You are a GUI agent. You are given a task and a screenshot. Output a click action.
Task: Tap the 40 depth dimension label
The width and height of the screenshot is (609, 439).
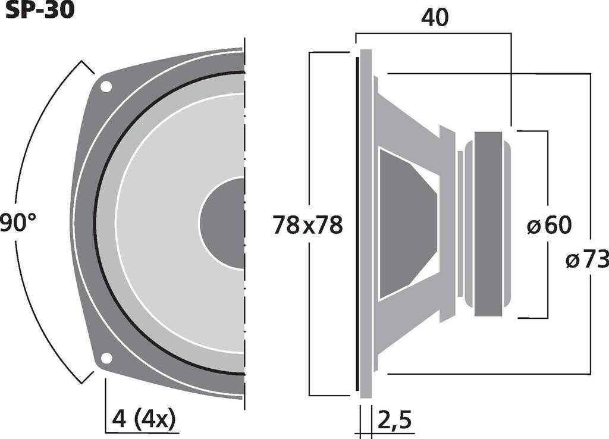pyautogui.click(x=435, y=18)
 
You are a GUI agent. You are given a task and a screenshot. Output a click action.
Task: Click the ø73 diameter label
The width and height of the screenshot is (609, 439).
pyautogui.click(x=587, y=259)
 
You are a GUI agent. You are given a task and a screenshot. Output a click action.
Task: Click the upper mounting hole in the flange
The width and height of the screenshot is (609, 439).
pyautogui.click(x=106, y=87)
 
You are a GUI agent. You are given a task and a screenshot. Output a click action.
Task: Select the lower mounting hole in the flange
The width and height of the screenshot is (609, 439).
pyautogui.click(x=106, y=358)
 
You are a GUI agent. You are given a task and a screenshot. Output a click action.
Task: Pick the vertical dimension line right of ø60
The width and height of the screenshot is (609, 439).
pyautogui.click(x=547, y=178)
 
